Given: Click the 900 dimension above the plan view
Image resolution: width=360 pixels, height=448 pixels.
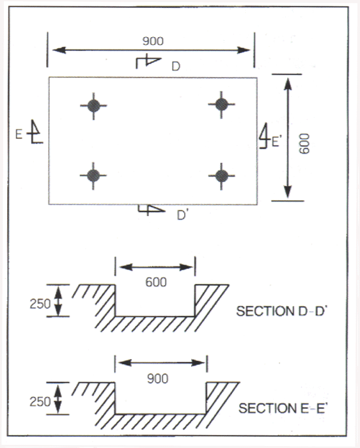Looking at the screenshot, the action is point(153,41).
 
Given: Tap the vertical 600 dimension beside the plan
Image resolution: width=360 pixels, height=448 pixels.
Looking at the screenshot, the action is point(304,143).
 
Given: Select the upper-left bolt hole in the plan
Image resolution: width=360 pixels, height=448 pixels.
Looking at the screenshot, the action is point(93,105).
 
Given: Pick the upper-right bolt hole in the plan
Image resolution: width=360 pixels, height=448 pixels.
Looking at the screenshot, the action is point(221,105).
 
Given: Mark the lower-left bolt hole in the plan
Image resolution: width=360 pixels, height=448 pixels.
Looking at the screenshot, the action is point(93,175).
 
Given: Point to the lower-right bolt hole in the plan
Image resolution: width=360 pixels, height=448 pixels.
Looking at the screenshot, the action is point(221,176).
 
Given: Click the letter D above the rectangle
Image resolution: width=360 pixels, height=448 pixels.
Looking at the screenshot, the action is point(176,66).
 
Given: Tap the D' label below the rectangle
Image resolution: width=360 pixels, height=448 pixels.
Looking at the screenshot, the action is point(182,215).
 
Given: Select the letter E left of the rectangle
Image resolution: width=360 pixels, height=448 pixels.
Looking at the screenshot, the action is point(19,134).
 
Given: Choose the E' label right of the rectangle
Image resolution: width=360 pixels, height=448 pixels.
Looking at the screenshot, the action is point(276,142).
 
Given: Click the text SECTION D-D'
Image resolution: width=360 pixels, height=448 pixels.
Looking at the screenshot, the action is point(281,311).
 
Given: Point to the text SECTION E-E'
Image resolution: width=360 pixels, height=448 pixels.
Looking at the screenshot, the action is point(283,408).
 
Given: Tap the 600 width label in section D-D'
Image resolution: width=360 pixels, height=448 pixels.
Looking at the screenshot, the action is point(156,282).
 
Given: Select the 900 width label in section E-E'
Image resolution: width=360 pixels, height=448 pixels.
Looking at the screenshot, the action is point(157,379).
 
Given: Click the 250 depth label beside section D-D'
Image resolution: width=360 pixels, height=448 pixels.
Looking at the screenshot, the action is point(40,304).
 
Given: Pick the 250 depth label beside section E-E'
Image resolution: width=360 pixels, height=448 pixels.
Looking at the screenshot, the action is point(40,402).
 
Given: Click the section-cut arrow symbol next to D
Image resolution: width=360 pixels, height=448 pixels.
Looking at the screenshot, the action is point(148,61).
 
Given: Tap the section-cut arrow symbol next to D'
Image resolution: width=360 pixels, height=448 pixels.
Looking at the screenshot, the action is point(152,210).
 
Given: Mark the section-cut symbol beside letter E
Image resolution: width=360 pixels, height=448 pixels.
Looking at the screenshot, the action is point(35,132).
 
